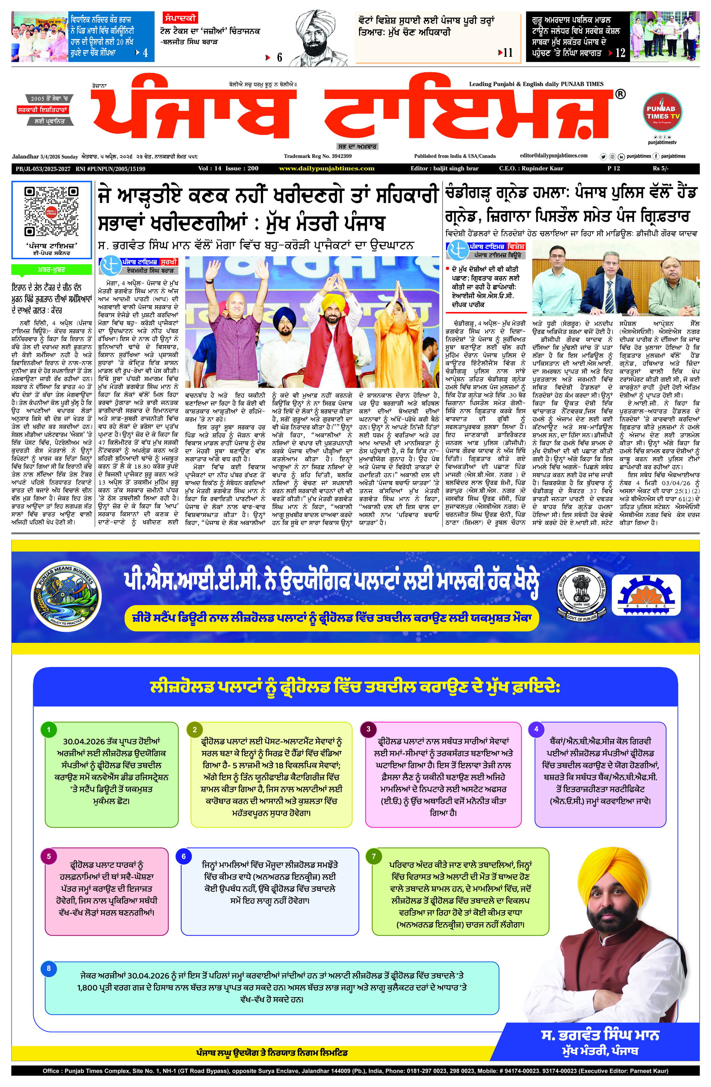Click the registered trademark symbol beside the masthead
click(x=620, y=95)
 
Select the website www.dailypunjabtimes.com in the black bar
click(x=327, y=168)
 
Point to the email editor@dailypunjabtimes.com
click(x=554, y=156)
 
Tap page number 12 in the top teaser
click(x=620, y=53)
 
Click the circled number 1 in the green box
click(x=49, y=730)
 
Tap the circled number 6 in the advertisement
click(x=184, y=856)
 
